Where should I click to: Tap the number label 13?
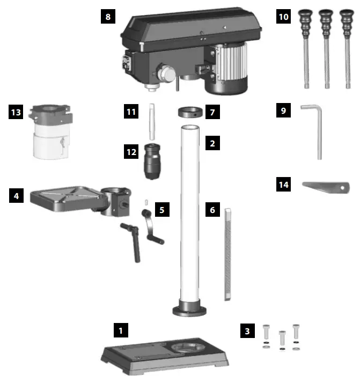click(x=16, y=112)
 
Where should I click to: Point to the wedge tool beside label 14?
click(x=325, y=187)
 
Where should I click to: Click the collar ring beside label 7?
click(x=190, y=113)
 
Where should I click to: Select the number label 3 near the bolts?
click(x=247, y=331)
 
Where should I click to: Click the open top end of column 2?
click(x=191, y=128)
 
